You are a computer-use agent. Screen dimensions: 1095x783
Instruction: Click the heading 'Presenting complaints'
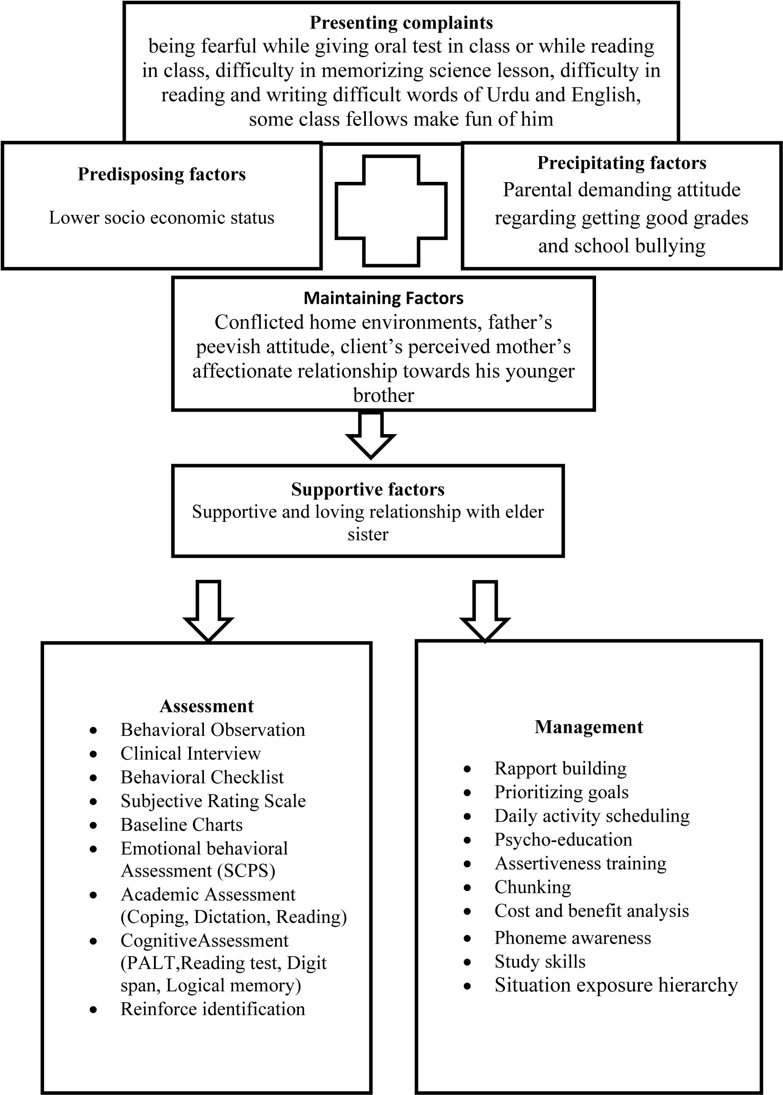pyautogui.click(x=401, y=22)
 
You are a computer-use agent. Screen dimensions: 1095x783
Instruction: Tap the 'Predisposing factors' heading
pyautogui.click(x=162, y=174)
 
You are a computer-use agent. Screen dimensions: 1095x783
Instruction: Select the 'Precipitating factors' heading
pyautogui.click(x=621, y=163)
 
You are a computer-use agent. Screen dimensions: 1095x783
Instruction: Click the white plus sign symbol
pyautogui.click(x=391, y=211)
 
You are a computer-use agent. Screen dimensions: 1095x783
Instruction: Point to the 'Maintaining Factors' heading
pyautogui.click(x=383, y=298)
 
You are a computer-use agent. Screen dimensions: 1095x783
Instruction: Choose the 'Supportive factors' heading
pyautogui.click(x=368, y=489)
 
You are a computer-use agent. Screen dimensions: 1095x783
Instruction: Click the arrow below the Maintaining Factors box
pyautogui.click(x=371, y=435)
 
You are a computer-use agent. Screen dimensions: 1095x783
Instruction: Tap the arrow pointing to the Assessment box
pyautogui.click(x=208, y=610)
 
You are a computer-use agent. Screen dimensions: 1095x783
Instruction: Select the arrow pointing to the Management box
pyautogui.click(x=485, y=610)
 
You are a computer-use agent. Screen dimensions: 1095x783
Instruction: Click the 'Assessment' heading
pyautogui.click(x=206, y=706)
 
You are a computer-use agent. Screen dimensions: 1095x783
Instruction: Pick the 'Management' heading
pyautogui.click(x=589, y=727)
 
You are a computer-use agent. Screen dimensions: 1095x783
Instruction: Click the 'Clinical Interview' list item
pyautogui.click(x=190, y=753)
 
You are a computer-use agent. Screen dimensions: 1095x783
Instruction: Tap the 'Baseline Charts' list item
pyautogui.click(x=181, y=825)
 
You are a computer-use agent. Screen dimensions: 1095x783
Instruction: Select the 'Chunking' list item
pyautogui.click(x=533, y=887)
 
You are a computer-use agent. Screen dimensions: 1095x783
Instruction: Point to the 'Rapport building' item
pyautogui.click(x=560, y=768)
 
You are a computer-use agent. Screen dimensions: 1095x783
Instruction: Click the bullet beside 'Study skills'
pyautogui.click(x=467, y=962)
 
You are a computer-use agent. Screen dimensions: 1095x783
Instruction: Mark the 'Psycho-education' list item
pyautogui.click(x=563, y=839)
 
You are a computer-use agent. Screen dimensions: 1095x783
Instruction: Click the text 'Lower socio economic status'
pyautogui.click(x=162, y=217)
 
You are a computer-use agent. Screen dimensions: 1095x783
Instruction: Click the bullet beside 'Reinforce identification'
pyautogui.click(x=93, y=1009)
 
